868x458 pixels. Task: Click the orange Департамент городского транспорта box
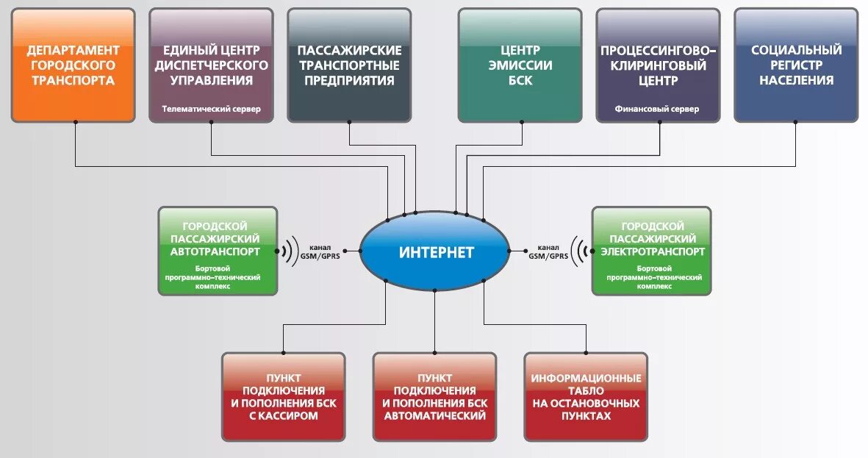[x=73, y=65]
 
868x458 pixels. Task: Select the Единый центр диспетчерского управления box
[x=211, y=65]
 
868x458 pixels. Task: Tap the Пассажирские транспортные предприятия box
[x=349, y=65]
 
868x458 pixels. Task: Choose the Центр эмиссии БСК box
[x=520, y=65]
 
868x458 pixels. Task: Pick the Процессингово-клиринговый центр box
[x=658, y=65]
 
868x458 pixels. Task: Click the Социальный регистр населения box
[x=796, y=65]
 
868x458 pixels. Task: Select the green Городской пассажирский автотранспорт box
[x=218, y=251]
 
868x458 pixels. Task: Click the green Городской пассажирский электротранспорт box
[x=651, y=251]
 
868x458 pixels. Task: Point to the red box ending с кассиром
[x=284, y=397]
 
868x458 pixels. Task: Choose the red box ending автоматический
[x=434, y=397]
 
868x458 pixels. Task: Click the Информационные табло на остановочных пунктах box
[x=586, y=397]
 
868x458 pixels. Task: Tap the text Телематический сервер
[x=212, y=109]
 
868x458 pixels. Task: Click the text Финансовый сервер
[x=658, y=109]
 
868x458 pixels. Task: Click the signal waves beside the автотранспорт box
[x=289, y=251]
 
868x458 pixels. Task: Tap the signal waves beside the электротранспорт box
[x=581, y=251]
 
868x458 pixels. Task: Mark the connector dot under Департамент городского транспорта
[x=76, y=123]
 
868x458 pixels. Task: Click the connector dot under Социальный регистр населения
[x=796, y=123]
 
